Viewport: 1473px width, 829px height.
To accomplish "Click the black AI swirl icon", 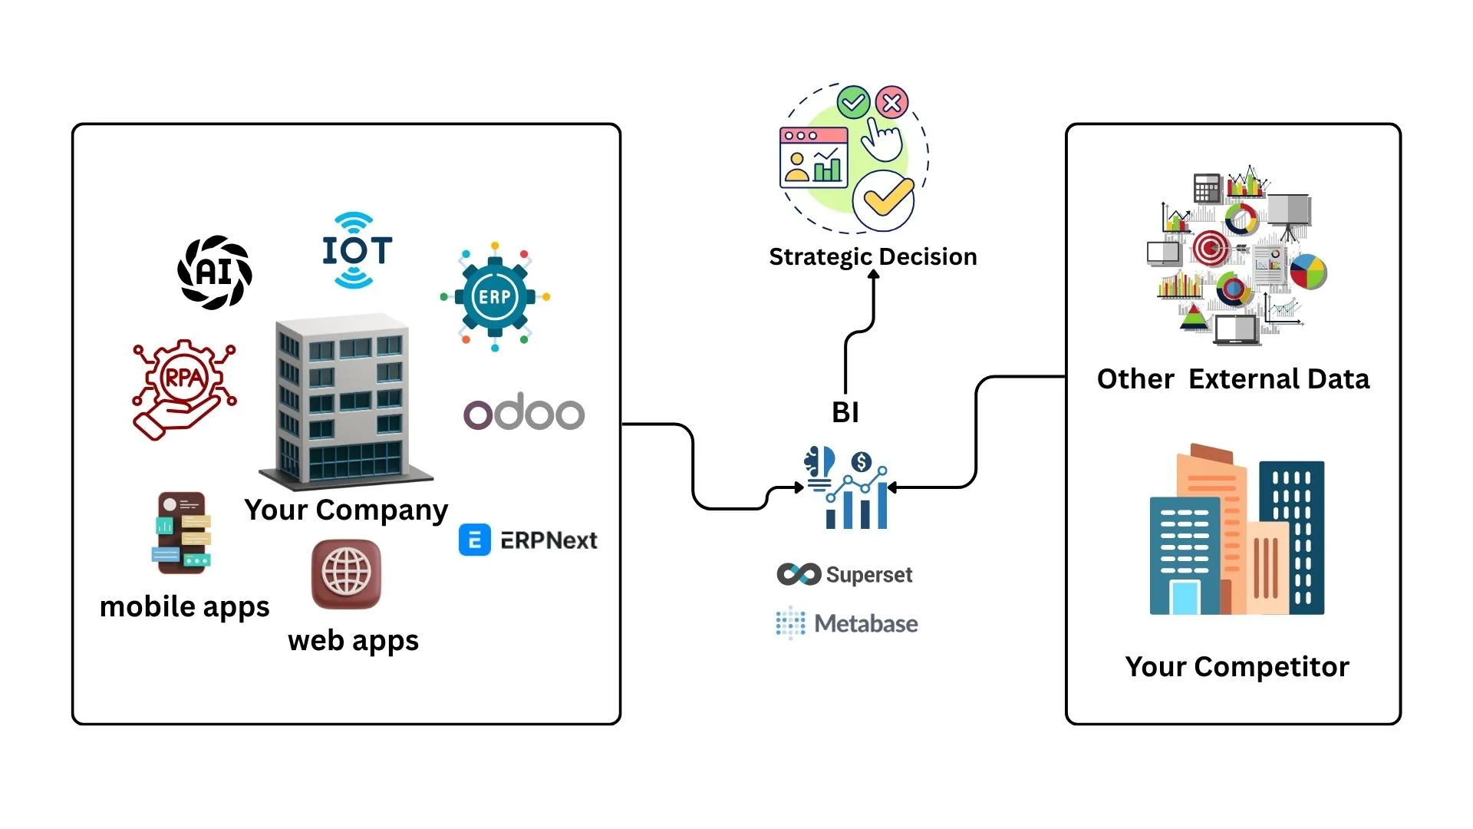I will tap(215, 272).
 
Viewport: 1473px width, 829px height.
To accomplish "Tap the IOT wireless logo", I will tap(357, 251).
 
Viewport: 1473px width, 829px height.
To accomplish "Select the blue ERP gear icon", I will tap(495, 297).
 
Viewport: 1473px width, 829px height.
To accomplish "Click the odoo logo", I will tap(524, 412).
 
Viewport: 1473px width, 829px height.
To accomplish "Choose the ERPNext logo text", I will tap(549, 540).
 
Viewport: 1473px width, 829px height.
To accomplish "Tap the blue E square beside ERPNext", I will tap(475, 540).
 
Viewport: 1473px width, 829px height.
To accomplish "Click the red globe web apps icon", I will tap(346, 573).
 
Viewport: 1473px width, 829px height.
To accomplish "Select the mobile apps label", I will tap(185, 607).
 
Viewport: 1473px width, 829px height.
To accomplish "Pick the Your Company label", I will tap(346, 510).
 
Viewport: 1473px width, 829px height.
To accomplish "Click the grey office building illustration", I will tap(344, 399).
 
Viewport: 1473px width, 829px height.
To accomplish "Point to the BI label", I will tap(845, 413).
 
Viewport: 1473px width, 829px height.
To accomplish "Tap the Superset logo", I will tap(845, 574).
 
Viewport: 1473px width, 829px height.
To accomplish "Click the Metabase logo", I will tap(847, 623).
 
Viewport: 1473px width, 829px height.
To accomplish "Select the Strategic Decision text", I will tap(873, 256).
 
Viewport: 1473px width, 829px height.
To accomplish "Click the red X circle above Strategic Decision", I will tap(891, 102).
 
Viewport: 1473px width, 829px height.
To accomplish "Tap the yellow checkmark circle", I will tap(884, 200).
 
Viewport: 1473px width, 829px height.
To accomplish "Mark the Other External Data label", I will tap(1233, 379).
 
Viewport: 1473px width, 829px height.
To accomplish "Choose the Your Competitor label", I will tap(1237, 666).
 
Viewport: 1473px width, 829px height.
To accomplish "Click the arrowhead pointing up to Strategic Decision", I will tap(874, 276).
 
